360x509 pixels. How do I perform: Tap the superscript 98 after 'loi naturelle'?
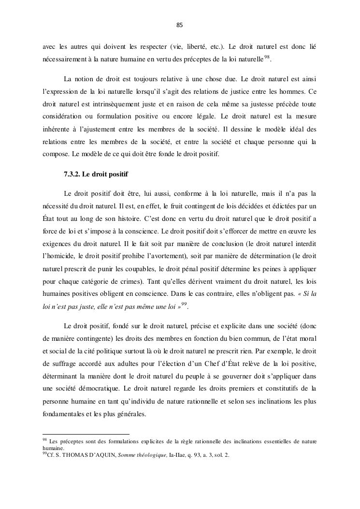[x=267, y=58]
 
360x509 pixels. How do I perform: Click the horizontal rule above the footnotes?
[x=86, y=434]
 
